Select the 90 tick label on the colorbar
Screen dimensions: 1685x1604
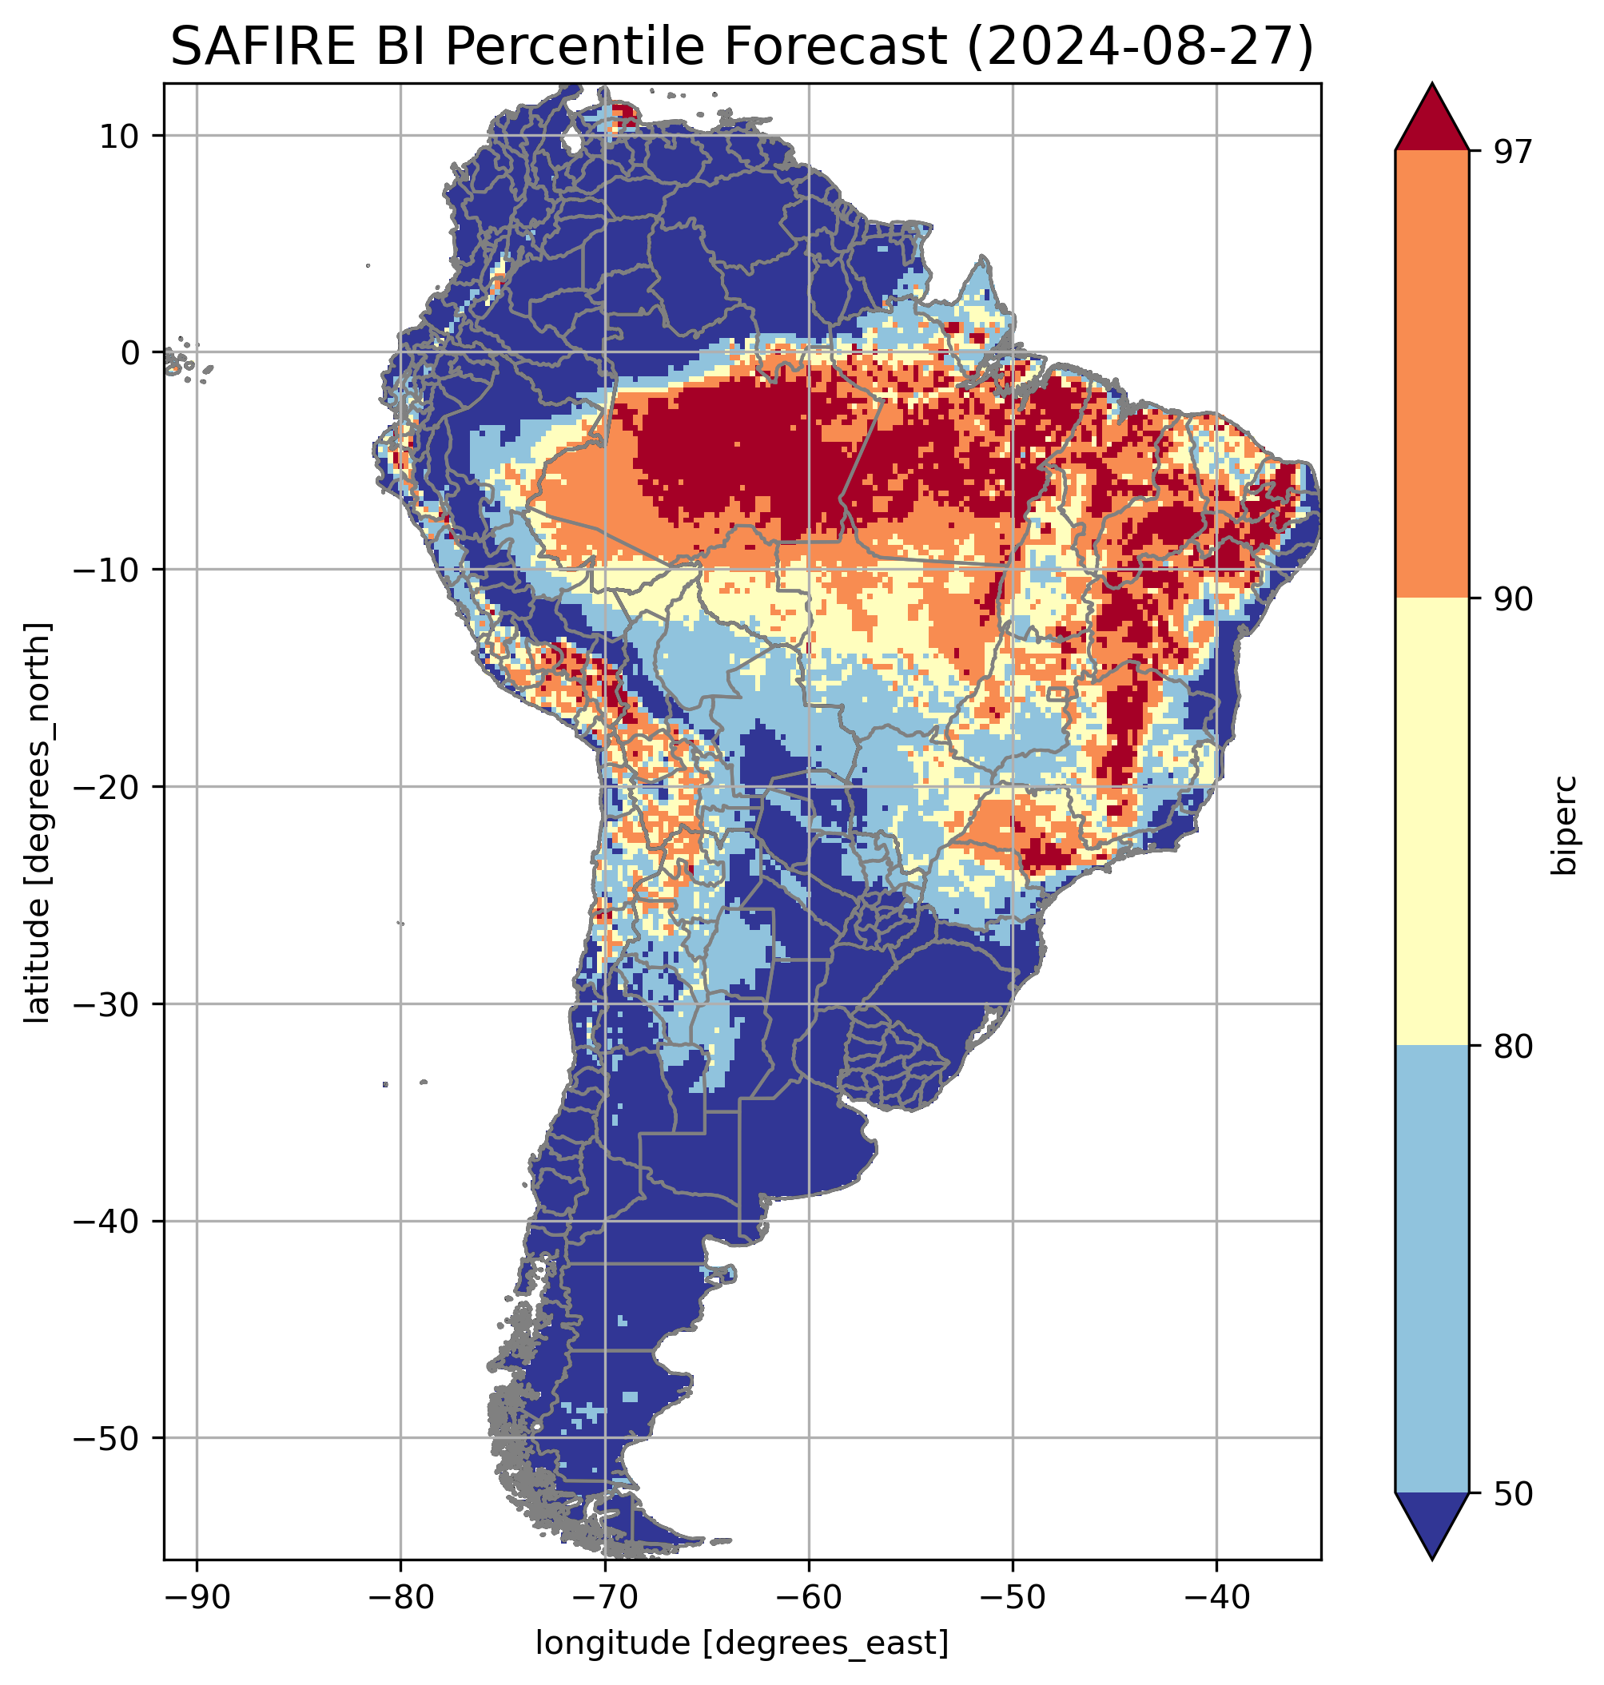tap(1513, 600)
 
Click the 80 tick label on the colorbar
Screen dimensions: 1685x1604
tap(1513, 1047)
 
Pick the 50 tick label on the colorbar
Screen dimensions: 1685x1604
tap(1513, 1495)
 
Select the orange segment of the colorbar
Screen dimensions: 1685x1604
tap(1431, 375)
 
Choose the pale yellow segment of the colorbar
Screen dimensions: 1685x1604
tap(1431, 822)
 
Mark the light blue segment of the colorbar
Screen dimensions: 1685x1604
tap(1431, 1270)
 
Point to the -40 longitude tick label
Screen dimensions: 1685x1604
tap(1216, 1596)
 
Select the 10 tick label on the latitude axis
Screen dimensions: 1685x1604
tap(119, 136)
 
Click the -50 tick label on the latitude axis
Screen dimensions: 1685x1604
tap(108, 1440)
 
